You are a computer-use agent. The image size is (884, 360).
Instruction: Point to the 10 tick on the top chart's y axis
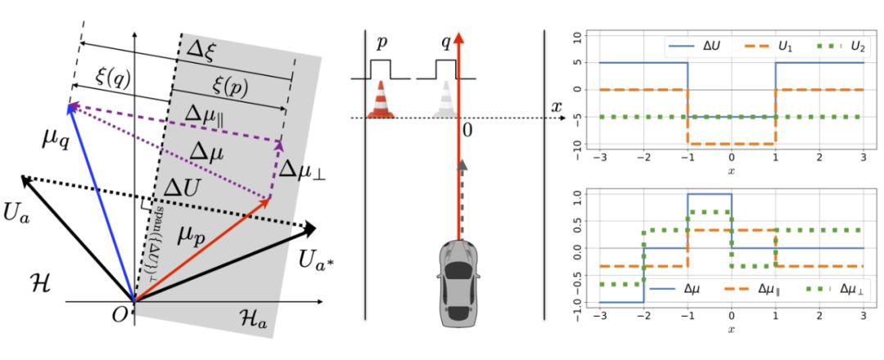(578, 36)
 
